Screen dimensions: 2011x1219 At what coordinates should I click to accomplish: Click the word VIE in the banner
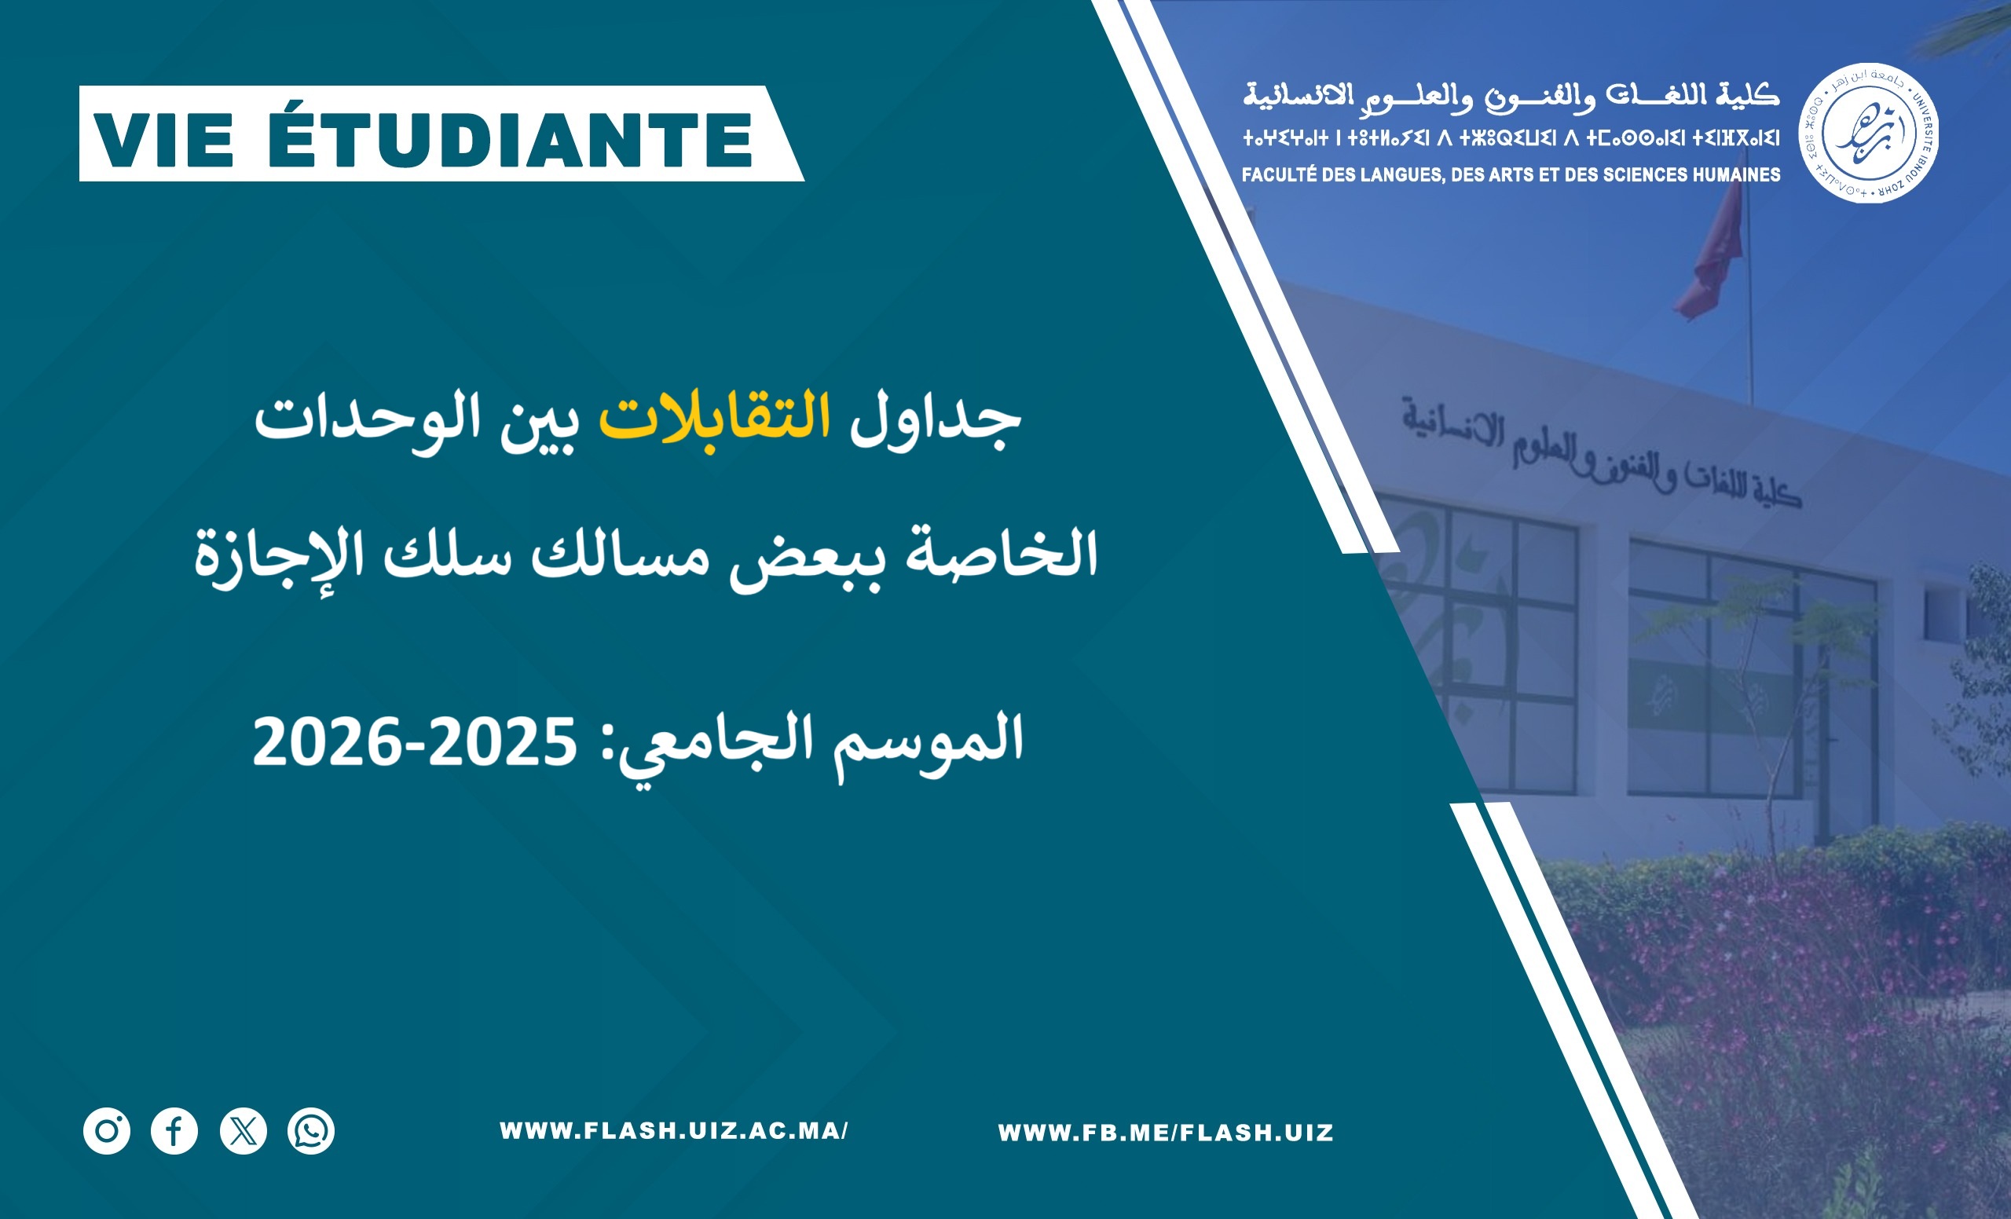(x=164, y=141)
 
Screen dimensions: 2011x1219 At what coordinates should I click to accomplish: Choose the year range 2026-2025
(x=415, y=742)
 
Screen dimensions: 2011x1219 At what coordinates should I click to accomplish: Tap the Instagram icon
(x=107, y=1131)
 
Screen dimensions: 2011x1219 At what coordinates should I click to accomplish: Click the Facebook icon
(x=174, y=1131)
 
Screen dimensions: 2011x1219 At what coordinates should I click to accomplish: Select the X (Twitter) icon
(x=244, y=1131)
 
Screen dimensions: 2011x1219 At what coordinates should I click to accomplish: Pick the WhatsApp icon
(x=311, y=1131)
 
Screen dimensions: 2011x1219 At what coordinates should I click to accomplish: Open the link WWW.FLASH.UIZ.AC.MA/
(x=674, y=1131)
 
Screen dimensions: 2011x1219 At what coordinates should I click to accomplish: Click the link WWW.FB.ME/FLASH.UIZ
(x=1166, y=1133)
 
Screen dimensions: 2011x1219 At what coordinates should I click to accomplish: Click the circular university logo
(x=1869, y=133)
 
